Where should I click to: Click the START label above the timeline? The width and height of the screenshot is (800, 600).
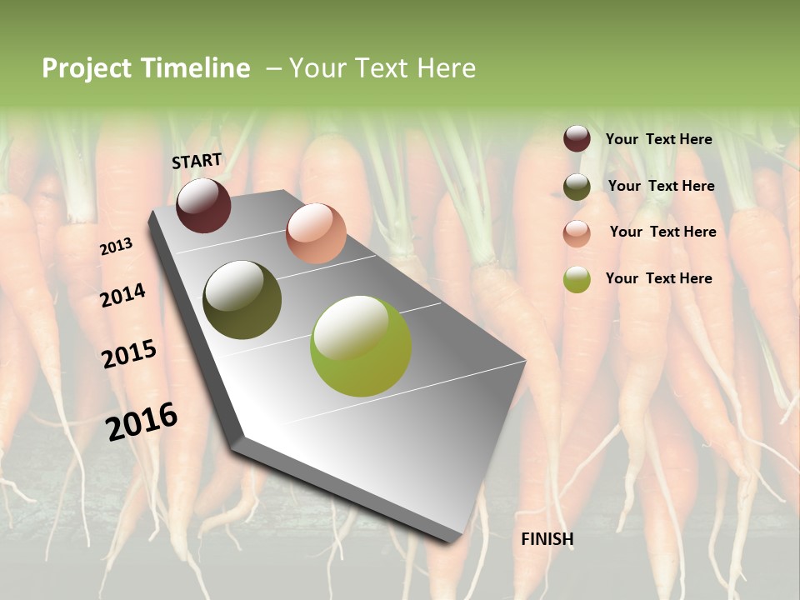tap(197, 161)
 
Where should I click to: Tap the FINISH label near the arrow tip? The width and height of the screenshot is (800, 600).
tap(547, 539)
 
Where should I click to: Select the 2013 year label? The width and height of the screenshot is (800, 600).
tap(117, 247)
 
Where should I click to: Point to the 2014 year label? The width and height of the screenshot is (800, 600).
tap(123, 295)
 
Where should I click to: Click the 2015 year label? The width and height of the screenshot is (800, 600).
tap(129, 354)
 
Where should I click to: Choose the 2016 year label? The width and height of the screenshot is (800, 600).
tap(142, 421)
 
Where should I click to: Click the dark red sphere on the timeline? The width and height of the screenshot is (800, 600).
tap(203, 205)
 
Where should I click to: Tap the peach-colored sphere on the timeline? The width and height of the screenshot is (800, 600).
tap(316, 232)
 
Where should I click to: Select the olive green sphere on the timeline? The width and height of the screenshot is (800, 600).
tap(242, 300)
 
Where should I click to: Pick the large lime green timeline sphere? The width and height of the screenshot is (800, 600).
tap(360, 346)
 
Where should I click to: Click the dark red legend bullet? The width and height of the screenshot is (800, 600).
tap(577, 139)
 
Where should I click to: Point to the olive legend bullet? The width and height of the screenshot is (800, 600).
tap(577, 187)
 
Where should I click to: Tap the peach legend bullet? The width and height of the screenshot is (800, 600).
tap(577, 233)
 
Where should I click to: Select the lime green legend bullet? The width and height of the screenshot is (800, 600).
tap(577, 279)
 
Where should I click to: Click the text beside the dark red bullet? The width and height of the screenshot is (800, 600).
tap(658, 139)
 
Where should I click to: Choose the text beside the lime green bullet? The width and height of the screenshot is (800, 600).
tap(658, 278)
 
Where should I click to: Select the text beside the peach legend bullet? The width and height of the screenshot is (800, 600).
tap(662, 232)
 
